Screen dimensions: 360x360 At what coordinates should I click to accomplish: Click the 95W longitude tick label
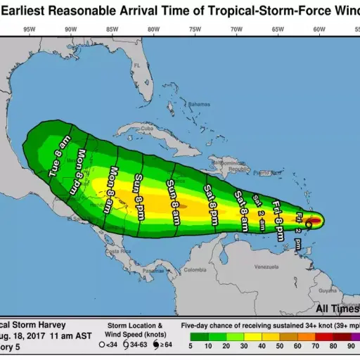(x=30, y=29)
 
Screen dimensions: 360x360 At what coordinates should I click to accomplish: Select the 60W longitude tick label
(x=319, y=29)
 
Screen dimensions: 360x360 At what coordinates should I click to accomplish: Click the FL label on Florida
(x=139, y=66)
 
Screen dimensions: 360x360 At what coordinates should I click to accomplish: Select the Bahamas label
(x=199, y=104)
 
